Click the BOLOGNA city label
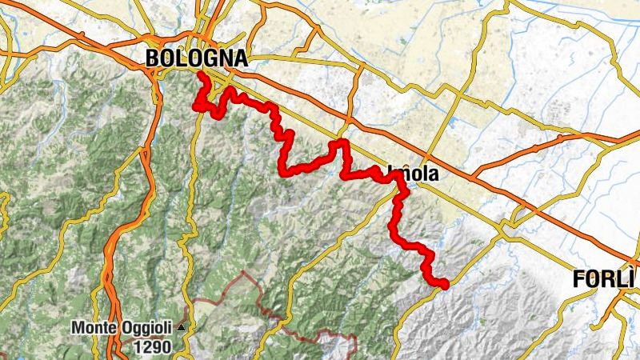[x=197, y=58]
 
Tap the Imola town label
[x=413, y=172]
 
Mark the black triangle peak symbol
[x=182, y=327]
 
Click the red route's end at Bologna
[x=199, y=75]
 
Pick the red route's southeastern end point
[x=444, y=282]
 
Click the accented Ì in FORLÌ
[x=632, y=278]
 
